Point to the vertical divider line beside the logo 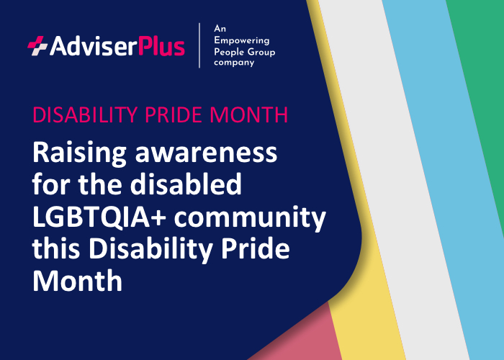tap(199, 45)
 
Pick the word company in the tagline tap(235, 63)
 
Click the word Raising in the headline tap(78, 153)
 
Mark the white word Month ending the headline tap(76, 280)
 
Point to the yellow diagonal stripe tap(374, 302)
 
